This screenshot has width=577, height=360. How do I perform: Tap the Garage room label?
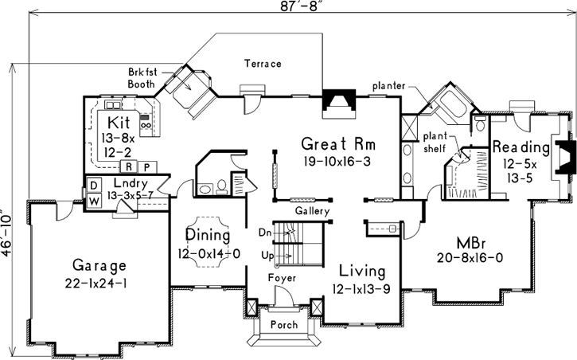click(99, 264)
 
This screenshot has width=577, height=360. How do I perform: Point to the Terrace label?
click(263, 63)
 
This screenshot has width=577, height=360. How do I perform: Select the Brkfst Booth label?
click(146, 76)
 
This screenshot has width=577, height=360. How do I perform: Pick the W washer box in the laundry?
click(92, 202)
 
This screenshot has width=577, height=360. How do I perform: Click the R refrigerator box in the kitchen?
click(127, 166)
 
